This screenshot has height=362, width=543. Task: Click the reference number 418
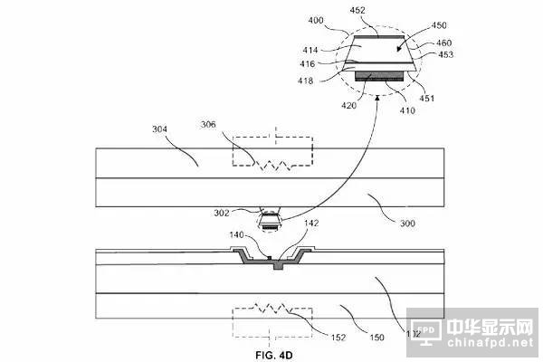(309, 80)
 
